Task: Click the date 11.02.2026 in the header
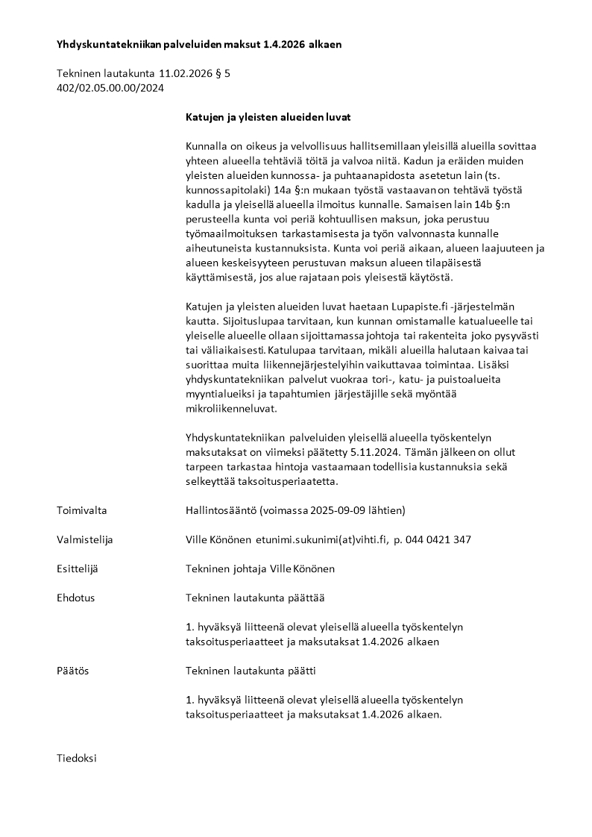[183, 74]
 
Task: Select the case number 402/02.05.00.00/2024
[110, 88]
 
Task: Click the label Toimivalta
[82, 510]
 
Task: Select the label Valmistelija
[85, 539]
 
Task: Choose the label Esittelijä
[78, 568]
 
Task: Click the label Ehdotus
[76, 598]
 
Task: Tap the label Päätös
[72, 671]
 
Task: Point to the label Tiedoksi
[77, 758]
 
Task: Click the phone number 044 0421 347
[438, 539]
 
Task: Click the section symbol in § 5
[226, 74]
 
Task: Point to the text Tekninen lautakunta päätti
[251, 671]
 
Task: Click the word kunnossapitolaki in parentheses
[226, 191]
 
